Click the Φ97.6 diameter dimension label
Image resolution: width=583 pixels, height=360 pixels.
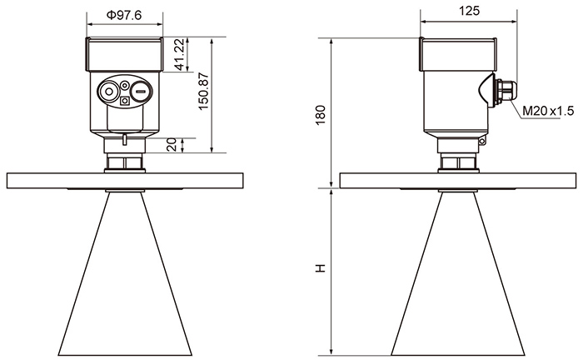(124, 15)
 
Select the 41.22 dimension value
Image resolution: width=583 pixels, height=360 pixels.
(179, 54)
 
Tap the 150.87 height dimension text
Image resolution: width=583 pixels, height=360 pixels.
(204, 91)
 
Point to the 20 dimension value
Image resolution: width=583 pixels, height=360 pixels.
(172, 145)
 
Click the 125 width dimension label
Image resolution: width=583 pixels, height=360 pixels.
(469, 11)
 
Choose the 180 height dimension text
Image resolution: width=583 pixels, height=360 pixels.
(320, 115)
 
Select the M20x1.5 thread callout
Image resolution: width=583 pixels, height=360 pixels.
(548, 111)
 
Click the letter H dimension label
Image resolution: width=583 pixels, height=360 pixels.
(320, 267)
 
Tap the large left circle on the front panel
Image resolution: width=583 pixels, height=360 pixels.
(109, 91)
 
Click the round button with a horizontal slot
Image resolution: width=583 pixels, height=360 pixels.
(141, 91)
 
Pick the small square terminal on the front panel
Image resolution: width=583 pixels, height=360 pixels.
(125, 101)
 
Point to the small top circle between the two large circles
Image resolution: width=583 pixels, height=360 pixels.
(125, 86)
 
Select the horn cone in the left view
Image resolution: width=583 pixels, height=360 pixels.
(125, 273)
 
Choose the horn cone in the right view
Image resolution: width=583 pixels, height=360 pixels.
(458, 273)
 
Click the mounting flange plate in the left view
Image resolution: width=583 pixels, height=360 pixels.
(125, 181)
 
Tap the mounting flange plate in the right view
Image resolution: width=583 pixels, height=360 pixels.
(458, 181)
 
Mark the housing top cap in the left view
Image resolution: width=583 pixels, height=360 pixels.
(125, 54)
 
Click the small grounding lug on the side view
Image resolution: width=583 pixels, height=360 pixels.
(482, 141)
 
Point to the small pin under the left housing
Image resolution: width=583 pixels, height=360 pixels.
(125, 139)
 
